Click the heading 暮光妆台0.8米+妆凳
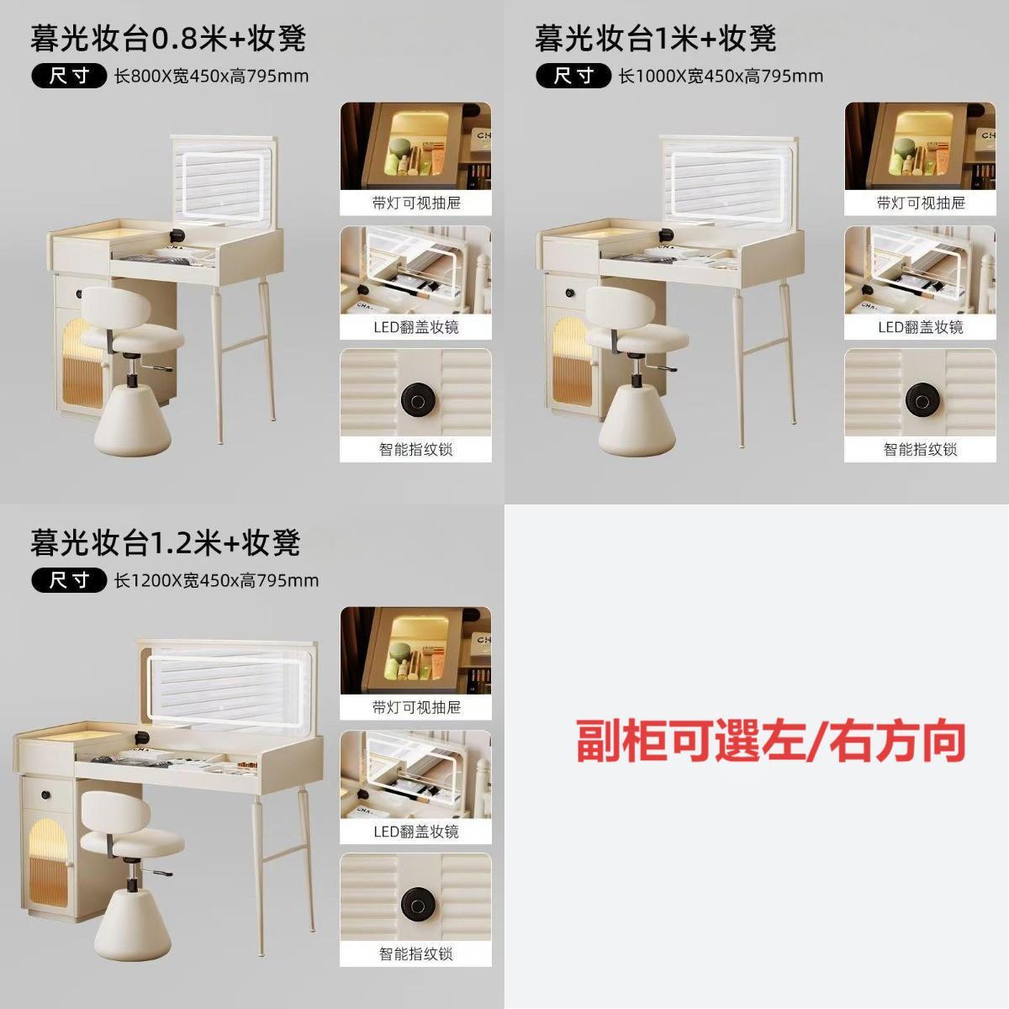point(168,38)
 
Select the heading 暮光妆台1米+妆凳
point(655,38)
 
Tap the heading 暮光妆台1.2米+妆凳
point(166,542)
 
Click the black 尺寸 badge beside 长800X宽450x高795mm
point(69,77)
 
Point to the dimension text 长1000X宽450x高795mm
point(721,77)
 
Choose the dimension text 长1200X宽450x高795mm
point(217,581)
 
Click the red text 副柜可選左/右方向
point(771,741)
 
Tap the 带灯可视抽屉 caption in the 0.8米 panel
point(416,203)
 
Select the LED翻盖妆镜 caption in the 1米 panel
point(921,327)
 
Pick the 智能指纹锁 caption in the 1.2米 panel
point(416,954)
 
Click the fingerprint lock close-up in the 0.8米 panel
point(415,393)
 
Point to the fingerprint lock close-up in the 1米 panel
point(920,393)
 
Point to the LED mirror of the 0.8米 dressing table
point(222,189)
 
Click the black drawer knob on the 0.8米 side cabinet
point(79,293)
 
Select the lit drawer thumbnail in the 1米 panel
point(920,146)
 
